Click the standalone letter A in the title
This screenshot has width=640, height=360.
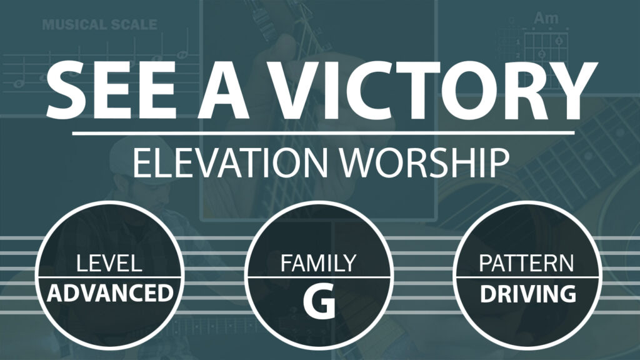coord(223,90)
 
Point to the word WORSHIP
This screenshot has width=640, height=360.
coord(424,162)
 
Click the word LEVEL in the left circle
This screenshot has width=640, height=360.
coord(109,263)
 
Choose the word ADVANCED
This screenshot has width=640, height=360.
coord(110,293)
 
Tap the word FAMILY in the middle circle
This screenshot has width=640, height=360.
coord(319,263)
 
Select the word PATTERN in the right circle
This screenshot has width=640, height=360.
coord(526,263)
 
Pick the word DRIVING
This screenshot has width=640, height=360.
coord(527,294)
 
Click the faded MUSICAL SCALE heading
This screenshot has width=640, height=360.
coord(99,24)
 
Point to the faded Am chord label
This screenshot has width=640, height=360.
coord(546,18)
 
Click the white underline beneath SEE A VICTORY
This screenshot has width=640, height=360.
coord(323,133)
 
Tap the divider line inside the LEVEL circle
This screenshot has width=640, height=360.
coord(109,277)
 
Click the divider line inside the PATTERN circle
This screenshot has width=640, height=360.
coord(527,277)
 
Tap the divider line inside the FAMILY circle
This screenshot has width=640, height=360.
coord(319,277)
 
